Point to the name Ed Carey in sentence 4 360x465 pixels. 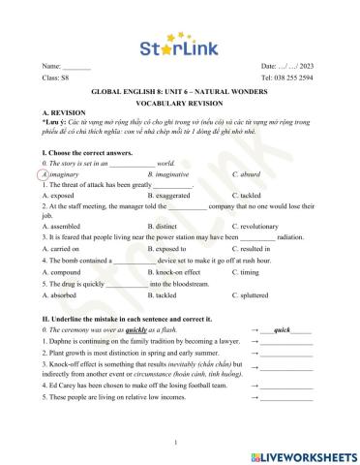[60, 384]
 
